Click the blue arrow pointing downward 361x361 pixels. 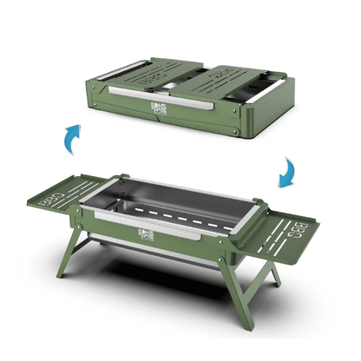pyautogui.click(x=286, y=174)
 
